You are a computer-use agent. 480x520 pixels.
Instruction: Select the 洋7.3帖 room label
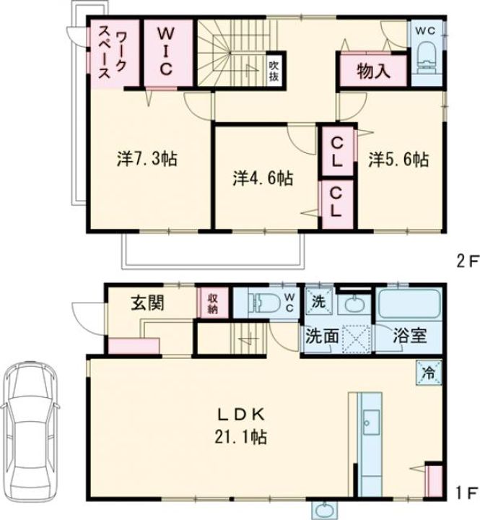(x=147, y=159)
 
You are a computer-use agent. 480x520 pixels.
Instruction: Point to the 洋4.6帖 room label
(x=263, y=179)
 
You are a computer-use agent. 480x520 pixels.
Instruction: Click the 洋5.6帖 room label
(x=399, y=159)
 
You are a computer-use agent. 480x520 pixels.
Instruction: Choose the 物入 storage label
(x=374, y=71)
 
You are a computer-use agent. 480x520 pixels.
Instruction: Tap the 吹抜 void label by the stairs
(x=274, y=71)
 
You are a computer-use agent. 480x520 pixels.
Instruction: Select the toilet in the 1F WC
(x=264, y=302)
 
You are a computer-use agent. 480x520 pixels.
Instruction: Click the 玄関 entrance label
(x=147, y=303)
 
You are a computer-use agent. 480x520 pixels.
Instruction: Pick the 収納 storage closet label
(x=213, y=303)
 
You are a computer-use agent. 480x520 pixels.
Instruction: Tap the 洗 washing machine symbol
(x=318, y=301)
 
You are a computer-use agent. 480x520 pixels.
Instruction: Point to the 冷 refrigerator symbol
(x=429, y=373)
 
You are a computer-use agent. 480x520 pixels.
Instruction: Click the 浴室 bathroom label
(x=410, y=336)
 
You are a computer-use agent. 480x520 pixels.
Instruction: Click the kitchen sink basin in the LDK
(x=371, y=422)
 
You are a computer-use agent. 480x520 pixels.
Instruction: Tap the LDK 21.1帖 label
(x=240, y=426)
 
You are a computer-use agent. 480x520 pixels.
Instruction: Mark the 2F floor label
(x=468, y=262)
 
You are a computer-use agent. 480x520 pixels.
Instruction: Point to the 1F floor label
(x=468, y=493)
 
